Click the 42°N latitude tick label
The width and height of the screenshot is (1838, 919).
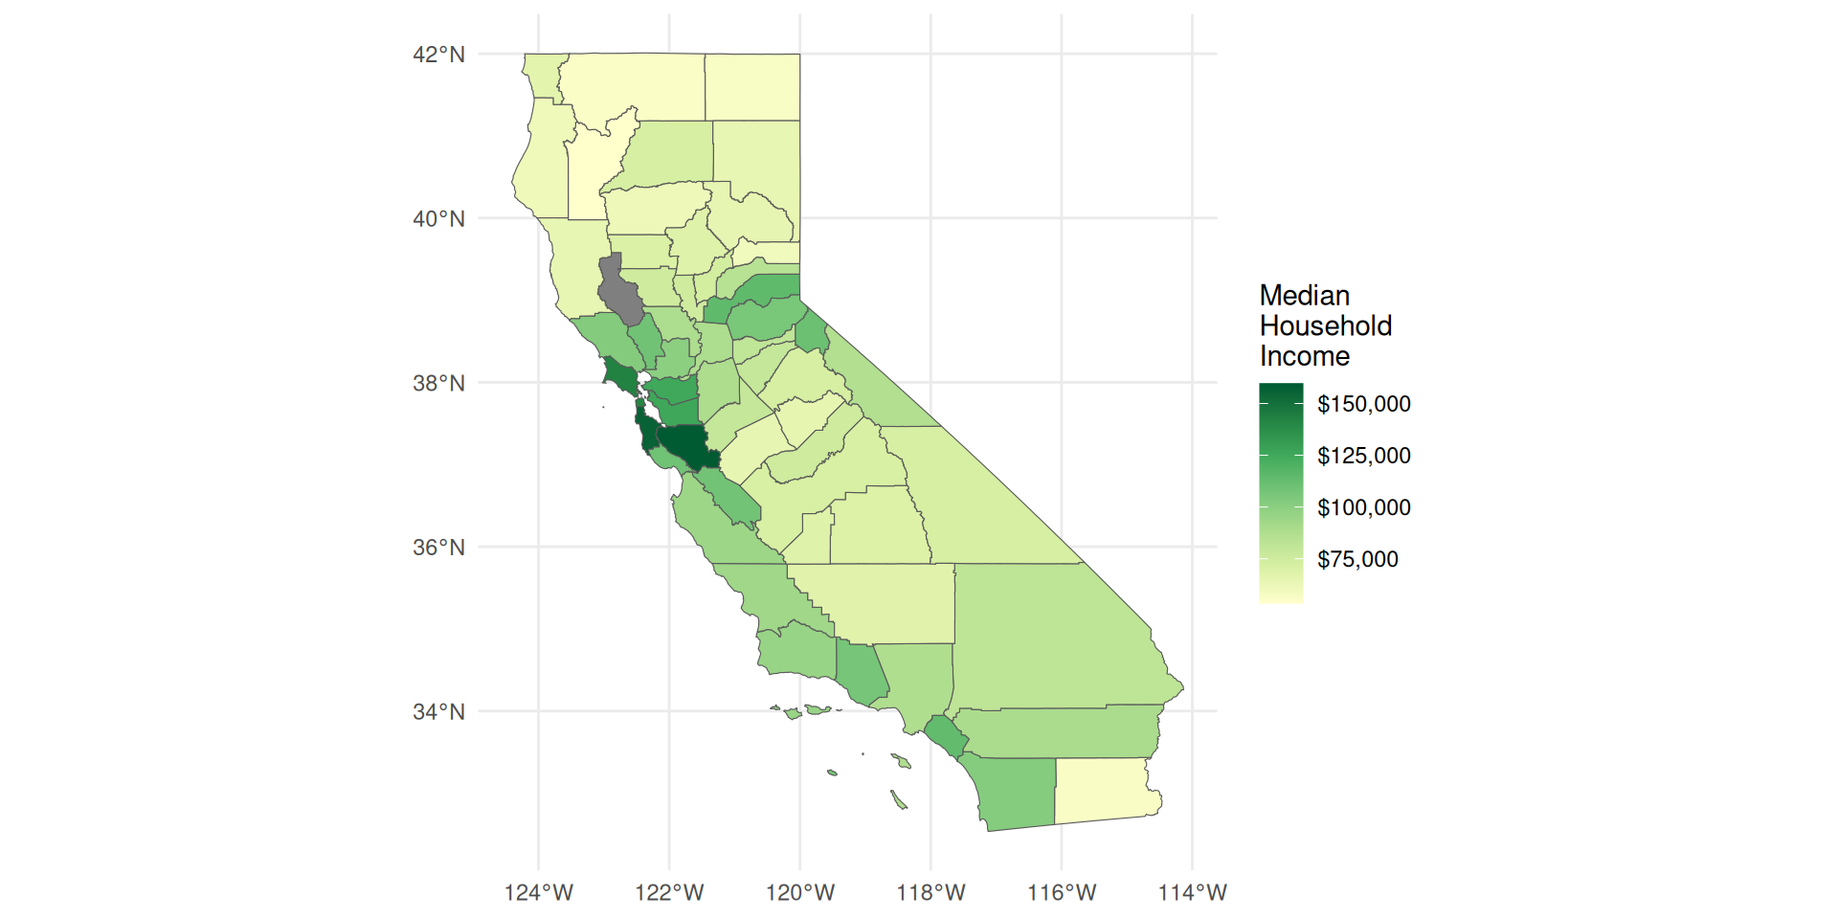438,55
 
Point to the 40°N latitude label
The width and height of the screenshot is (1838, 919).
438,219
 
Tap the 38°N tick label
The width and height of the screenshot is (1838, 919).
438,384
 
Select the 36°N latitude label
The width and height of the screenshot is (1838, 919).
438,548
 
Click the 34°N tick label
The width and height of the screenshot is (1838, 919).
438,712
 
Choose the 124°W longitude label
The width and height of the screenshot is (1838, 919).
538,893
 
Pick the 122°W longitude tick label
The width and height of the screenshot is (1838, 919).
669,893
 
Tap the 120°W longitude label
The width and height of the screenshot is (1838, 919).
800,893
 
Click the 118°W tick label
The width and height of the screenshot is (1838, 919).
930,893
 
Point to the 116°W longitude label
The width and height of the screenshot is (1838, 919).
1062,893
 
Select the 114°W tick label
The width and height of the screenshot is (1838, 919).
1192,893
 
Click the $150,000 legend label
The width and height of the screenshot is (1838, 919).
1363,404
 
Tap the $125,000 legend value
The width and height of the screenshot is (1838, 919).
1363,456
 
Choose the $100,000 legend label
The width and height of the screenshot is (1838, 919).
1363,507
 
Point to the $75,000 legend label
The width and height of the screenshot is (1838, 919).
1357,559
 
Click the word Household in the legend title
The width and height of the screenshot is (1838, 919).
1325,326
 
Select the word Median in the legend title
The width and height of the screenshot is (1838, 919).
1304,296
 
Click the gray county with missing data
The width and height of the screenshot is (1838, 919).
619,292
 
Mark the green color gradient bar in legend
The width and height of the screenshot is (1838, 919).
1281,493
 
